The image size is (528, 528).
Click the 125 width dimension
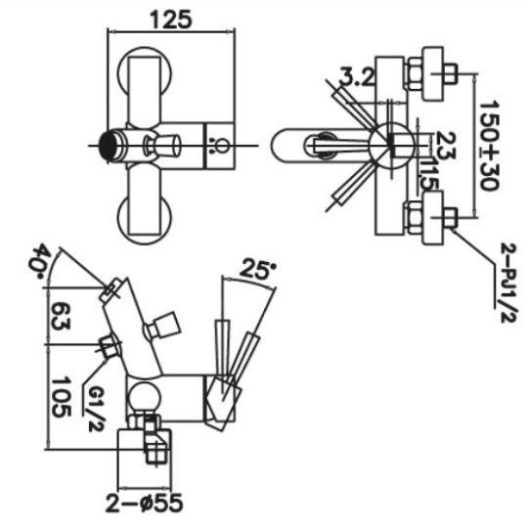click(x=171, y=20)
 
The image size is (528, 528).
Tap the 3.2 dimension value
click(x=357, y=77)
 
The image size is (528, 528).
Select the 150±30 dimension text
click(x=489, y=146)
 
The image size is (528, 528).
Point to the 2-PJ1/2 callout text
click(x=508, y=283)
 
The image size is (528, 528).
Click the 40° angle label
click(x=40, y=262)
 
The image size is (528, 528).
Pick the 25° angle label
click(x=258, y=270)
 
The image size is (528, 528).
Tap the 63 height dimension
click(x=61, y=316)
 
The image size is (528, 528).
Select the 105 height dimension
click(x=61, y=397)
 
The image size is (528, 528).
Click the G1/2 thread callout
click(x=96, y=407)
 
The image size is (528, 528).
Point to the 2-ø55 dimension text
click(x=145, y=504)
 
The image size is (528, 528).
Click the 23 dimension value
click(x=446, y=145)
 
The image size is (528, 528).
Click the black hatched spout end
click(x=109, y=146)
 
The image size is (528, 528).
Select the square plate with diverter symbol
click(x=220, y=146)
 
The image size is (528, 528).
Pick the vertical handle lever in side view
click(x=223, y=355)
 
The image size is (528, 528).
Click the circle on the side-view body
click(x=144, y=398)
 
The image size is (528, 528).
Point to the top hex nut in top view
click(x=415, y=73)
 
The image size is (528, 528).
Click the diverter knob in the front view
click(x=163, y=146)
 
